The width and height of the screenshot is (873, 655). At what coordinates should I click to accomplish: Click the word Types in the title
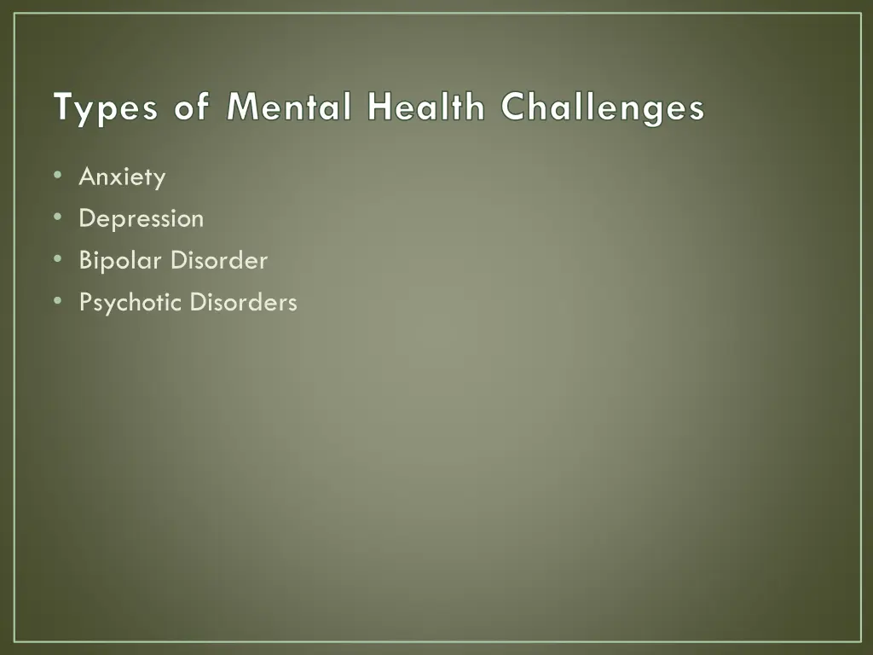coord(105,110)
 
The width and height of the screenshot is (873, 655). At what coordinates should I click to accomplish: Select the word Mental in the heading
coord(290,108)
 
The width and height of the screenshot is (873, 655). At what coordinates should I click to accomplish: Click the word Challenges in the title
coord(603,110)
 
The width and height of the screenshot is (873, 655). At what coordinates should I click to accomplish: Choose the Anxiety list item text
coord(122,178)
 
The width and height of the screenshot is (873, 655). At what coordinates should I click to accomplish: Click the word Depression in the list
coord(142,219)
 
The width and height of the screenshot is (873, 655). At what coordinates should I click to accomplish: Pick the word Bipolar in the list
coord(121,260)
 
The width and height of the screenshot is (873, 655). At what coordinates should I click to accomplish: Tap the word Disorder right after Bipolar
coord(219,260)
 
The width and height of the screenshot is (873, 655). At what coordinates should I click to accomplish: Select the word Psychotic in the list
coord(130,303)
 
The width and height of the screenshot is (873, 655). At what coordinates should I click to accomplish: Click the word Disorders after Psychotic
coord(243,302)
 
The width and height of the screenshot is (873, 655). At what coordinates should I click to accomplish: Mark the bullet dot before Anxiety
coord(57,176)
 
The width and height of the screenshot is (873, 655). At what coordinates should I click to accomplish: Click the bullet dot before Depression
coord(57,217)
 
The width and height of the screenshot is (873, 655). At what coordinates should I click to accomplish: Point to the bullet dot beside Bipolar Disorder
coord(57,259)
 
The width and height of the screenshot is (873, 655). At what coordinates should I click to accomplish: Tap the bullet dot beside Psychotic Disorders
coord(57,301)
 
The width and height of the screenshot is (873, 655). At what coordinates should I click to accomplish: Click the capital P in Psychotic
coord(85,302)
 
